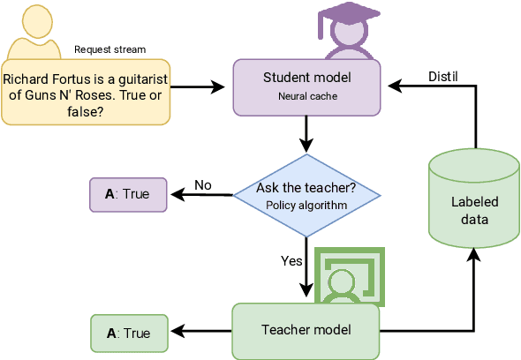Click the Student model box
pyautogui.click(x=306, y=86)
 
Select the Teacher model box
pyautogui.click(x=306, y=331)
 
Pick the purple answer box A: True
pyautogui.click(x=128, y=194)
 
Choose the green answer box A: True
pyautogui.click(x=128, y=333)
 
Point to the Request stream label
pyautogui.click(x=110, y=49)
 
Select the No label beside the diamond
pyautogui.click(x=203, y=185)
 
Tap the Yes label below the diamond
pyautogui.click(x=291, y=261)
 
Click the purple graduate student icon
pyautogui.click(x=338, y=30)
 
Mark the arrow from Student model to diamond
pyautogui.click(x=306, y=132)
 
